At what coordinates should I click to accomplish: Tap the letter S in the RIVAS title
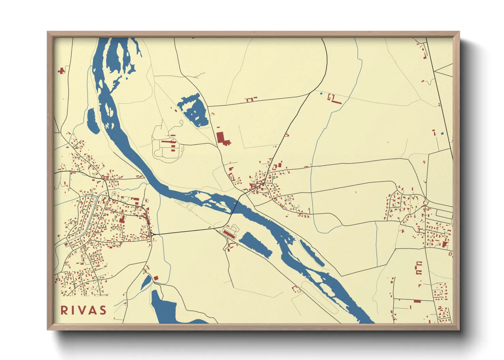(102, 310)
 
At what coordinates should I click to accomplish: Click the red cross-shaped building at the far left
(61, 71)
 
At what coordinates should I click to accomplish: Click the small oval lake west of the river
(92, 121)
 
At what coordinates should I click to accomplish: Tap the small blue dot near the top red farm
(321, 93)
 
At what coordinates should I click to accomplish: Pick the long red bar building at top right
(337, 102)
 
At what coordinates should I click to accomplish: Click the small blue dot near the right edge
(442, 134)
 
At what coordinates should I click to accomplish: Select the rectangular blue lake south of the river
(255, 244)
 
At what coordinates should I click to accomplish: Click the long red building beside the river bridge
(229, 233)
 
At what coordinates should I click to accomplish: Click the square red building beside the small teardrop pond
(156, 278)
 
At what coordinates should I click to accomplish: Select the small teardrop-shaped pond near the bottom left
(146, 282)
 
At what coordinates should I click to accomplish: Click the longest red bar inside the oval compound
(168, 141)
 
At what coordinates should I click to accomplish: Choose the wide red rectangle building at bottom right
(418, 301)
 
